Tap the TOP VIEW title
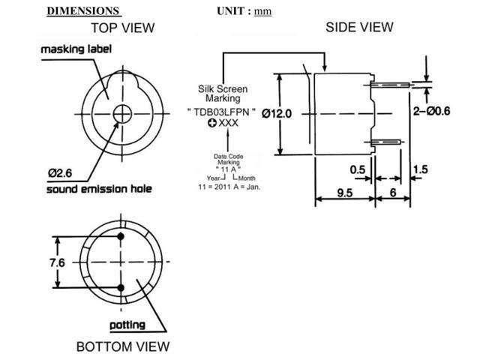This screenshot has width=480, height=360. pyautogui.click(x=122, y=28)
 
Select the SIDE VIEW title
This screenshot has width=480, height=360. pyautogui.click(x=358, y=27)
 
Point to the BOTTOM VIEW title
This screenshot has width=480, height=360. pyautogui.click(x=122, y=346)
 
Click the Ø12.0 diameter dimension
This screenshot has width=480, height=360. pyautogui.click(x=296, y=113)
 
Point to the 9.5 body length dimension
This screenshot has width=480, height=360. pyautogui.click(x=344, y=193)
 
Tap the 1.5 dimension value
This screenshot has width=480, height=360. pyautogui.click(x=421, y=169)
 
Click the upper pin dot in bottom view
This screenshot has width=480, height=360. pyautogui.click(x=121, y=238)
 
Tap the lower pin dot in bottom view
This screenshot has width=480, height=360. pyautogui.click(x=121, y=287)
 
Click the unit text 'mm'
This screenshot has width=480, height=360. pyautogui.click(x=262, y=11)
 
